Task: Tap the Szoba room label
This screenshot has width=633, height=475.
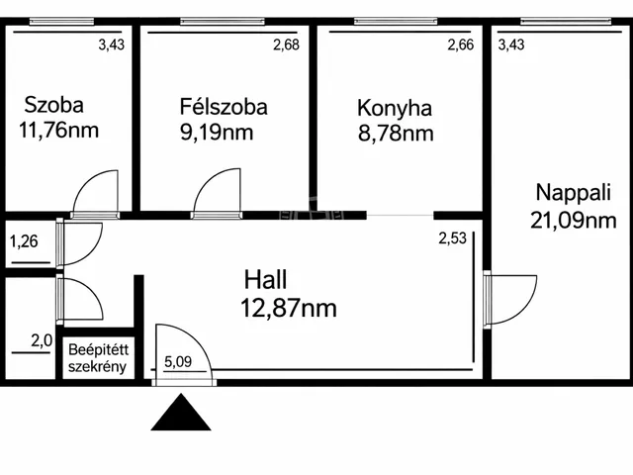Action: [54, 105]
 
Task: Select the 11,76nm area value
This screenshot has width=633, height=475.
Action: [59, 130]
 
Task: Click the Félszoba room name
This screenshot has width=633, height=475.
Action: [224, 107]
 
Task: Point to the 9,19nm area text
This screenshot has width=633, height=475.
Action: [217, 133]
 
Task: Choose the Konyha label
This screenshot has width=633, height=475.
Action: [395, 109]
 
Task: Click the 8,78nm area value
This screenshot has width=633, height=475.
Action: [396, 134]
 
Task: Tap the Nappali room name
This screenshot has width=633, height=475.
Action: [574, 193]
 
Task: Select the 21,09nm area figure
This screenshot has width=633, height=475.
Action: [574, 221]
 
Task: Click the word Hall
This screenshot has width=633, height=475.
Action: [266, 279]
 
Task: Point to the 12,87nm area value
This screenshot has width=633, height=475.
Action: [289, 308]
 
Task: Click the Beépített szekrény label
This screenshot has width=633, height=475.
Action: [98, 358]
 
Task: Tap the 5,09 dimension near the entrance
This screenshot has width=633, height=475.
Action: [178, 361]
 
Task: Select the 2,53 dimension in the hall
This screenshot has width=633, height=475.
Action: [453, 238]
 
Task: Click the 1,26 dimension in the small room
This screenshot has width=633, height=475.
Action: [24, 241]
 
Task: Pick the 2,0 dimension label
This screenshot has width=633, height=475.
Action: [42, 340]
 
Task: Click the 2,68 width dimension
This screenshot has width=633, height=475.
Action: [286, 45]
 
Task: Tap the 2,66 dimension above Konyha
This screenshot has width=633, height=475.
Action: [461, 45]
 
